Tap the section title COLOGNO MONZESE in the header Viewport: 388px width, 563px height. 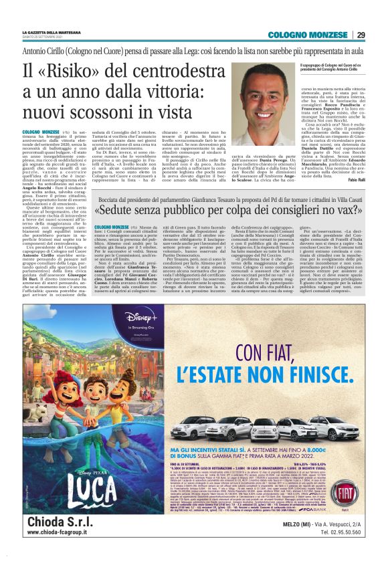pyautogui.click(x=307, y=35)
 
